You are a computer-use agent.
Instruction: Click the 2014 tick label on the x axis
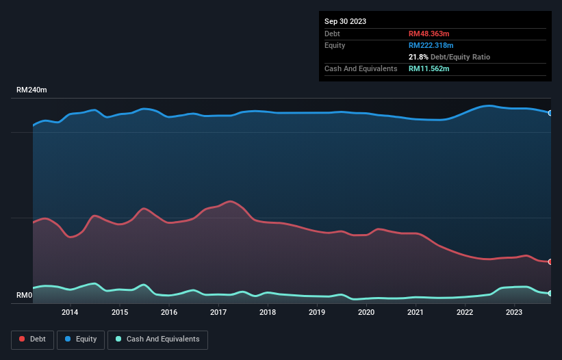(70, 313)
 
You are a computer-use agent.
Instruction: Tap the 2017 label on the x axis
(218, 313)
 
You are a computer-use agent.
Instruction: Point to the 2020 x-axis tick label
(366, 313)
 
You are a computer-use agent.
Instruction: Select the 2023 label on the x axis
(514, 313)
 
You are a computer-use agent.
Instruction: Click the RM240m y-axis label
(31, 90)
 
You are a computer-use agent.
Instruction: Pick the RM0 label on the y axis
(25, 296)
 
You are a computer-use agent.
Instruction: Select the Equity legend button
(81, 339)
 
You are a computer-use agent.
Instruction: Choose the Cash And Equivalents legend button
(157, 339)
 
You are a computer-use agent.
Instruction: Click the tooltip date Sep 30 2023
(346, 21)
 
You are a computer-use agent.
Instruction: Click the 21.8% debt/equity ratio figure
(418, 57)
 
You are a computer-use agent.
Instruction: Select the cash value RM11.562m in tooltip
(429, 68)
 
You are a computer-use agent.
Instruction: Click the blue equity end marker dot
(550, 113)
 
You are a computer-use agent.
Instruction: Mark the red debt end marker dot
(550, 261)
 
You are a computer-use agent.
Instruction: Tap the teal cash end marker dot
(550, 293)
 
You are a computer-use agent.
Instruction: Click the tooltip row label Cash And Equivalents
(361, 68)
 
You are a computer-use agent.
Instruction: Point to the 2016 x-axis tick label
(169, 313)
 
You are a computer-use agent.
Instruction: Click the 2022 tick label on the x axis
(465, 313)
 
